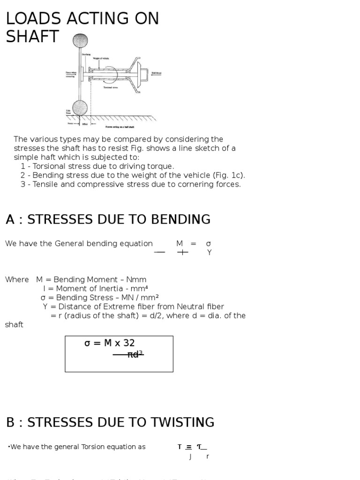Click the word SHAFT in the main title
click(x=32, y=37)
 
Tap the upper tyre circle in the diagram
click(x=80, y=41)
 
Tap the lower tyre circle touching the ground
click(x=80, y=108)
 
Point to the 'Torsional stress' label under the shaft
click(x=111, y=87)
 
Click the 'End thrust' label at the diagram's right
click(x=156, y=73)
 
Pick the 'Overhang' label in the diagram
click(x=87, y=54)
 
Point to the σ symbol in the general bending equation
click(x=209, y=244)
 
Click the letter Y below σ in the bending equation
click(x=210, y=253)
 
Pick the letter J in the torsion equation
click(x=190, y=456)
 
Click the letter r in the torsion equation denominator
click(x=208, y=456)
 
